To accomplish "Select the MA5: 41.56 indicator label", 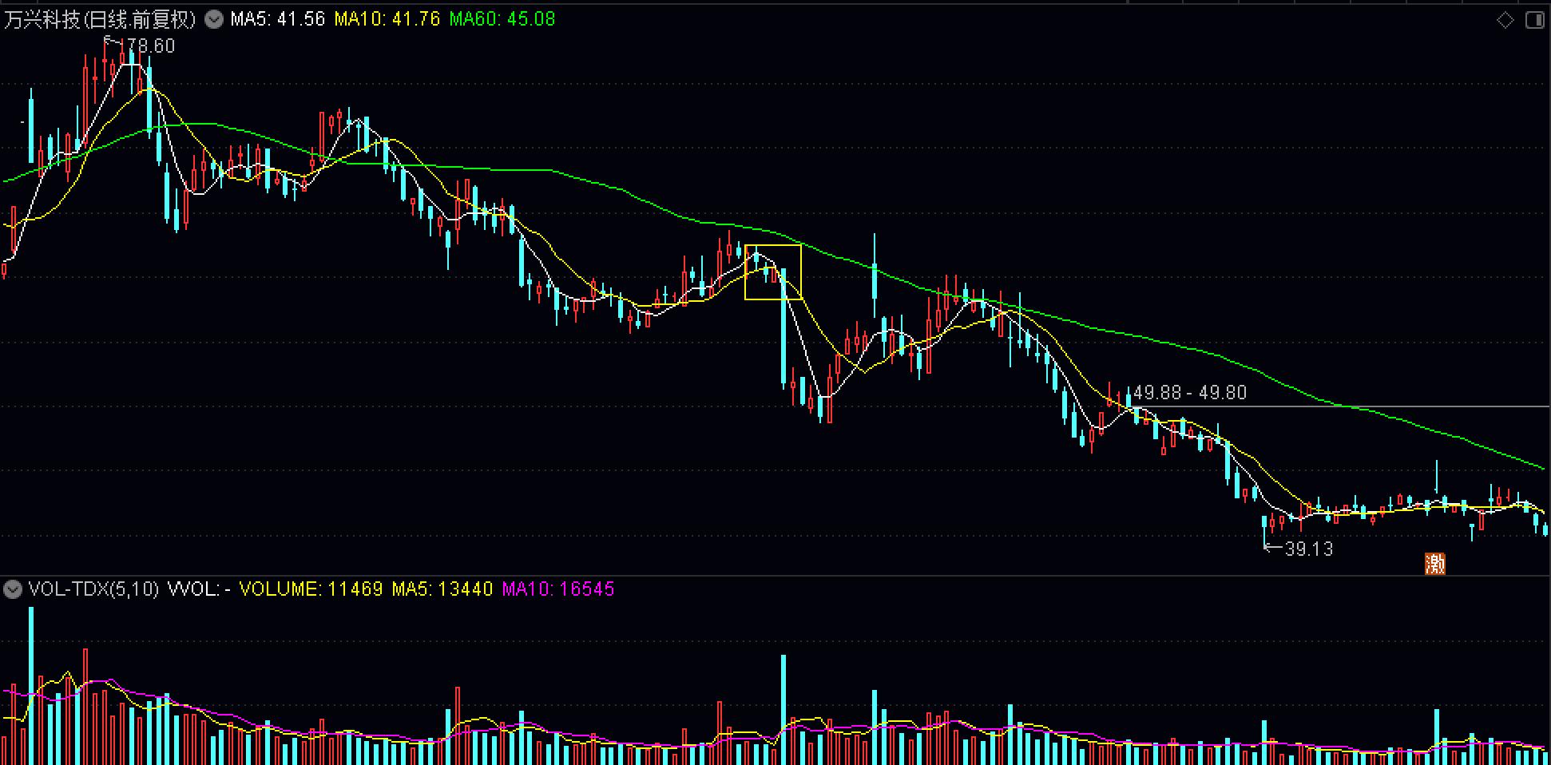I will click(277, 19).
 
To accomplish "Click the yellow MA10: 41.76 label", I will click(387, 19).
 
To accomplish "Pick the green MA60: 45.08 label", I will click(502, 19).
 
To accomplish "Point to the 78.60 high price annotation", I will click(149, 46).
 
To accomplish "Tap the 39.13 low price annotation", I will click(1308, 549).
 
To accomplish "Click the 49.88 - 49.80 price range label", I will click(1189, 393).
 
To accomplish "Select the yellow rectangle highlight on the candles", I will click(772, 272).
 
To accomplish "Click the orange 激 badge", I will click(1435, 564).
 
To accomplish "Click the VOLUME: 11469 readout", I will click(311, 590).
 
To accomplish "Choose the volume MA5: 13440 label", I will click(442, 590).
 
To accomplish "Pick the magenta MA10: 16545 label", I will click(557, 590).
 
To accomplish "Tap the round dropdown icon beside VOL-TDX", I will click(13, 590).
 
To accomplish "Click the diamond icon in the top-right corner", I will click(1505, 20).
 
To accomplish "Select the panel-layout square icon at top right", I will click(1534, 20).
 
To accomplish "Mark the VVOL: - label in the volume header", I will click(199, 590).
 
